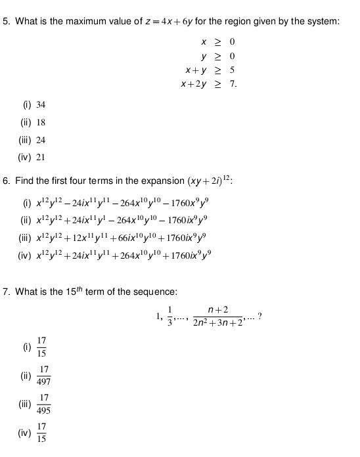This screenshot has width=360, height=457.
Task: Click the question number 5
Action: (6, 22)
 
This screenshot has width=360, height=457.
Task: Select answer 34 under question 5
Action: (41, 104)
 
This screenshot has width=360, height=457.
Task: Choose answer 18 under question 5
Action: (41, 122)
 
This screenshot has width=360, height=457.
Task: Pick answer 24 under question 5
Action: (41, 140)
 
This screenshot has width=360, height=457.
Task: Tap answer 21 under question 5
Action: (41, 158)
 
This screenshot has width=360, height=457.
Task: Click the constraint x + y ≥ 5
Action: (210, 70)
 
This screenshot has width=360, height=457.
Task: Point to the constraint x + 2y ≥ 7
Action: (208, 84)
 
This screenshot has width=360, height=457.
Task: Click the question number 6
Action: (6, 180)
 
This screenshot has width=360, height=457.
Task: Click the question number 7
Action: (6, 292)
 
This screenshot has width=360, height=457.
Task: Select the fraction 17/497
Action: (44, 376)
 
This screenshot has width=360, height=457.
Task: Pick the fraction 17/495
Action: (44, 404)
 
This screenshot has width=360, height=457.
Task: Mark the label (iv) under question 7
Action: (25, 433)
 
